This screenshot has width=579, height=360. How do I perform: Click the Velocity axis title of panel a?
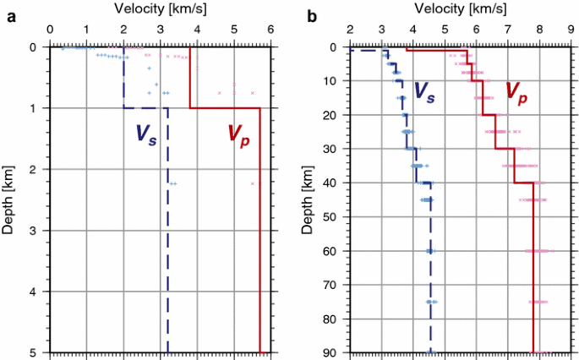158,8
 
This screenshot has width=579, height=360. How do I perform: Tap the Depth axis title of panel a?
9,199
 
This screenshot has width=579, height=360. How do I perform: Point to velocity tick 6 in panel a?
270,30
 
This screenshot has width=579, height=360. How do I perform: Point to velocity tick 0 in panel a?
50,30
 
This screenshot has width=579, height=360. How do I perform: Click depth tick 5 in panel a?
36,352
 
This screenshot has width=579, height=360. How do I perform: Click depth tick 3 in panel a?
36,231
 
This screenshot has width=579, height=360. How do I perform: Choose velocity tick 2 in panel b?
349,30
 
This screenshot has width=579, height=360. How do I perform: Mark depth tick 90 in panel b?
331,352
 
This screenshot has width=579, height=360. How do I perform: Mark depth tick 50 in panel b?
331,217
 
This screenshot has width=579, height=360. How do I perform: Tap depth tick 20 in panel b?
331,115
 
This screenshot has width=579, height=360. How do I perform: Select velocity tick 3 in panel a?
161,30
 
